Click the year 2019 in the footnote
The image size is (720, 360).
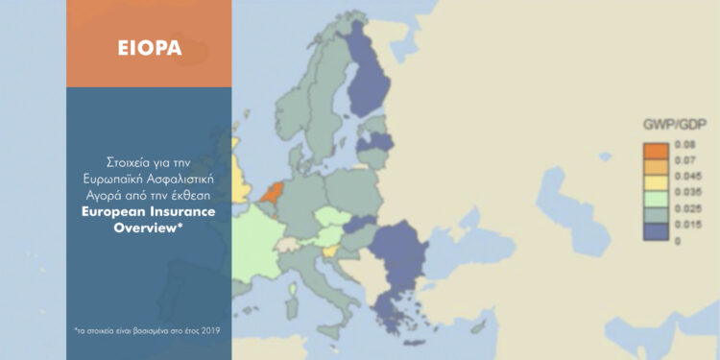209,329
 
